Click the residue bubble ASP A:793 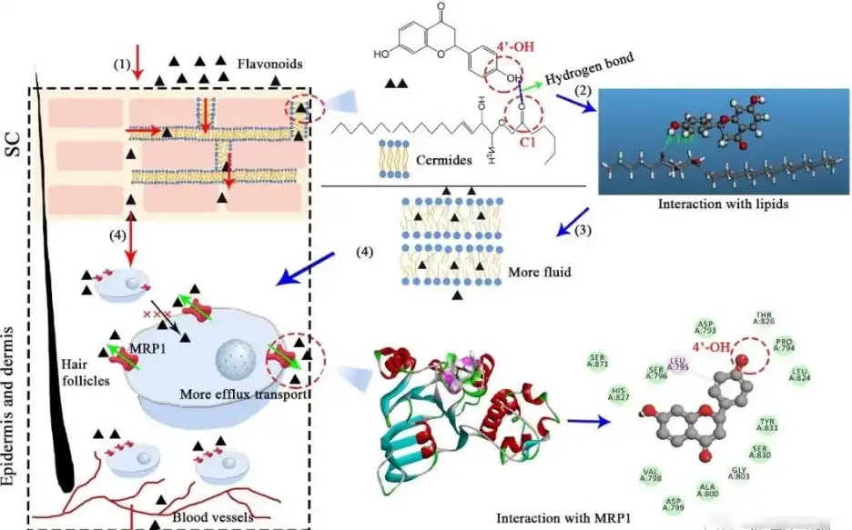click(705, 327)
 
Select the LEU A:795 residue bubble click(677, 364)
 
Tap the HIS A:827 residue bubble click(621, 395)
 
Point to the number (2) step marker click(583, 92)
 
